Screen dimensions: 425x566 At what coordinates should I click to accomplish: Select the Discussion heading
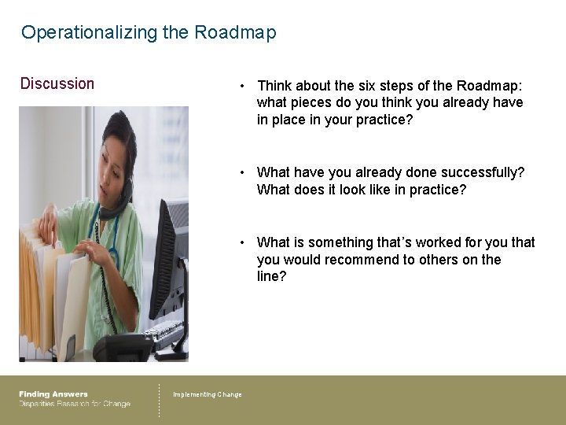pyautogui.click(x=57, y=83)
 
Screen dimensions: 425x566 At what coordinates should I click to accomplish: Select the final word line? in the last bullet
pyautogui.click(x=272, y=277)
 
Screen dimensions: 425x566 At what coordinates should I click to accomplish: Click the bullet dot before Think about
pyautogui.click(x=245, y=86)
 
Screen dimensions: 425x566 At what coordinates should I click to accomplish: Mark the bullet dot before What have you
pyautogui.click(x=245, y=172)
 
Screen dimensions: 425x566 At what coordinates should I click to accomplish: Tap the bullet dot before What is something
pyautogui.click(x=245, y=242)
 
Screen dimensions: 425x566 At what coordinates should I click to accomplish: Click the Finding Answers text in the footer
pyautogui.click(x=53, y=394)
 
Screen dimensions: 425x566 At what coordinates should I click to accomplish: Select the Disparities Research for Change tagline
pyautogui.click(x=75, y=405)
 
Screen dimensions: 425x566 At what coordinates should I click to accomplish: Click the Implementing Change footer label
pyautogui.click(x=208, y=394)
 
